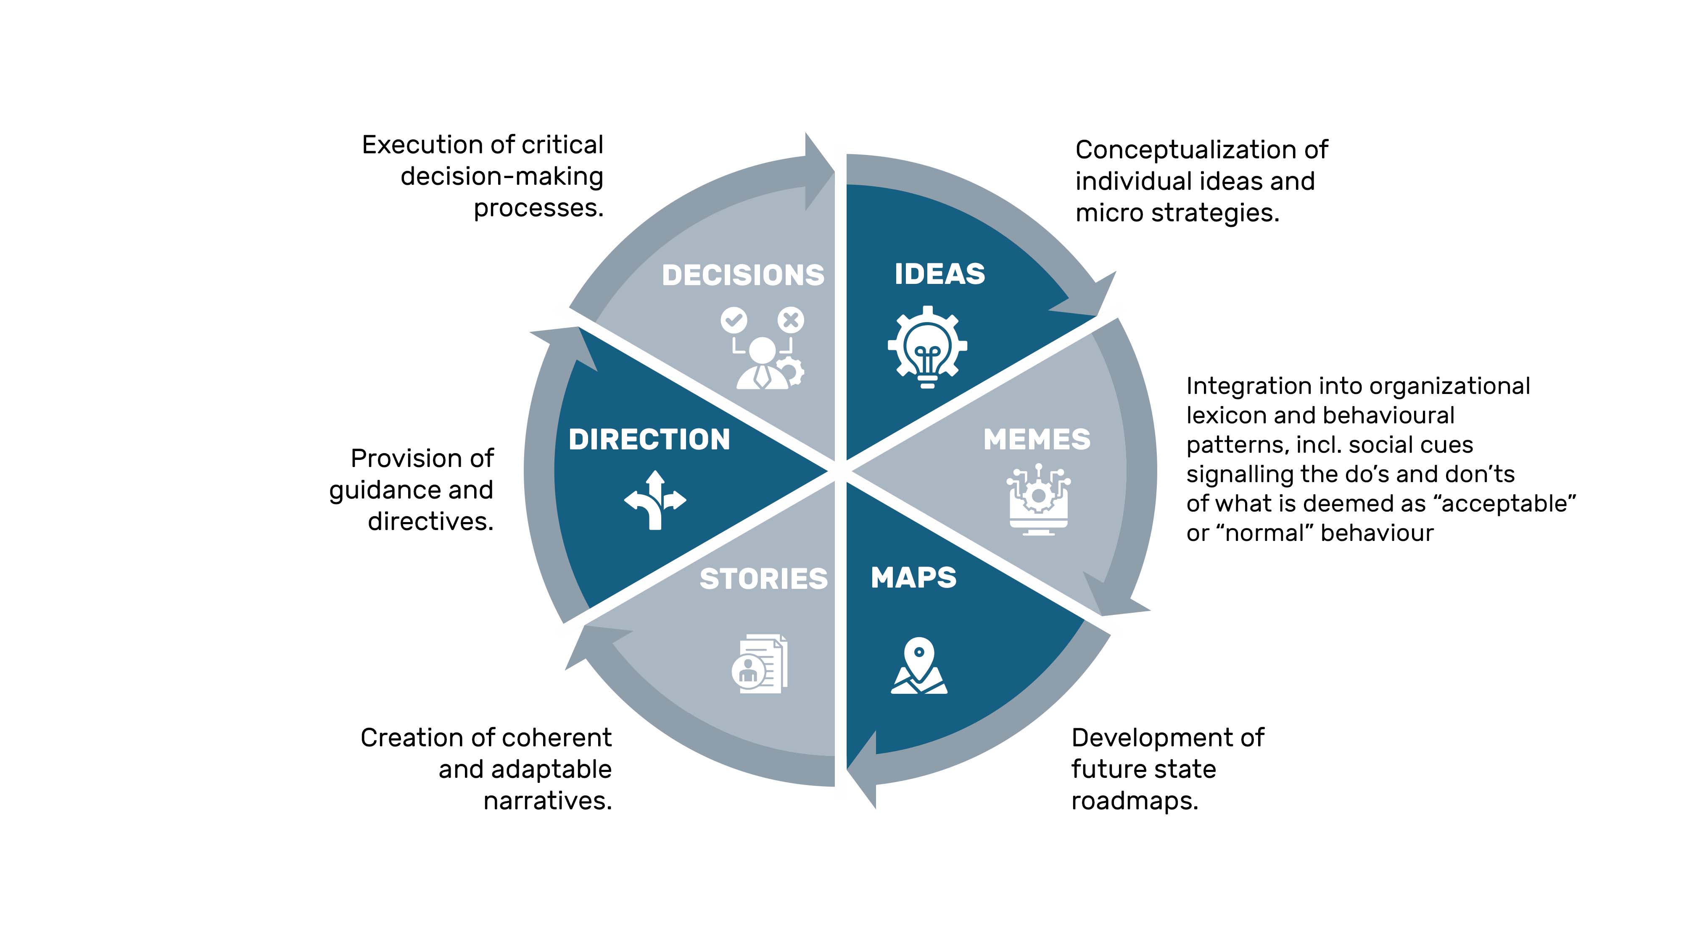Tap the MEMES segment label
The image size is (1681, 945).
coord(1037,440)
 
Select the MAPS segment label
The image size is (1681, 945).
coord(913,578)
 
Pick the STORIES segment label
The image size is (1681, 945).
coord(763,579)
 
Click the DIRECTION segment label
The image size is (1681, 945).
coord(649,440)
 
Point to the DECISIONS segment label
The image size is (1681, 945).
coord(743,275)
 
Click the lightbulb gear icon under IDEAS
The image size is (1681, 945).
coord(927,347)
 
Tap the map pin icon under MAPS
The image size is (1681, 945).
coord(919,665)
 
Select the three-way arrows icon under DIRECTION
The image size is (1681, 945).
coord(655,500)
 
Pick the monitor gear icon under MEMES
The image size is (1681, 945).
coord(1039,499)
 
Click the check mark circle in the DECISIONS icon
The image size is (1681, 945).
coord(734,320)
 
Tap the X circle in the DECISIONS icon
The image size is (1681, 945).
coord(791,320)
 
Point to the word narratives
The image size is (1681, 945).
coord(547,801)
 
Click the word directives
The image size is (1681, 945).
coord(430,522)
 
